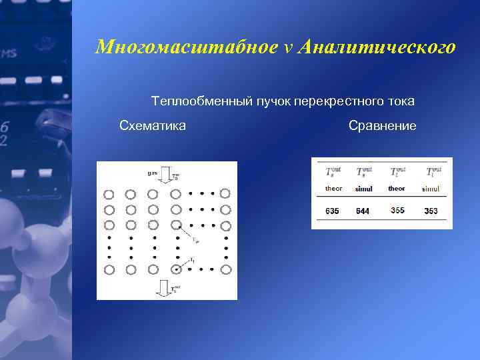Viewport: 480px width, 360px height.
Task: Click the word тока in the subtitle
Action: click(x=400, y=101)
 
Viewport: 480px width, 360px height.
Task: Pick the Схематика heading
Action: click(x=153, y=125)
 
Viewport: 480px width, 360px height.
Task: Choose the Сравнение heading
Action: click(x=382, y=125)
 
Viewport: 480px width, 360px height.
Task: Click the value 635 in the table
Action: click(x=332, y=211)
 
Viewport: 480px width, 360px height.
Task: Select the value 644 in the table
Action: click(x=363, y=211)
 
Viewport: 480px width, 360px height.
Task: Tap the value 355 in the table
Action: click(x=397, y=211)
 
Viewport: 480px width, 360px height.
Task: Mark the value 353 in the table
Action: click(x=431, y=211)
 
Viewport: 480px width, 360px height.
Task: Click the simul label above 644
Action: click(x=364, y=189)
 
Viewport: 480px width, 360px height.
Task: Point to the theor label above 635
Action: click(x=333, y=189)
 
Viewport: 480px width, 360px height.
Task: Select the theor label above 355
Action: click(x=397, y=189)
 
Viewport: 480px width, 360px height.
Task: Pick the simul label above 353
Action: click(x=431, y=189)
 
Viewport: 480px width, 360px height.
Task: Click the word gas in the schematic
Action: click(x=153, y=173)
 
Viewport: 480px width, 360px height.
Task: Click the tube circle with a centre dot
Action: click(x=176, y=269)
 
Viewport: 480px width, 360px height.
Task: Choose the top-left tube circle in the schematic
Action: click(x=109, y=195)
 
